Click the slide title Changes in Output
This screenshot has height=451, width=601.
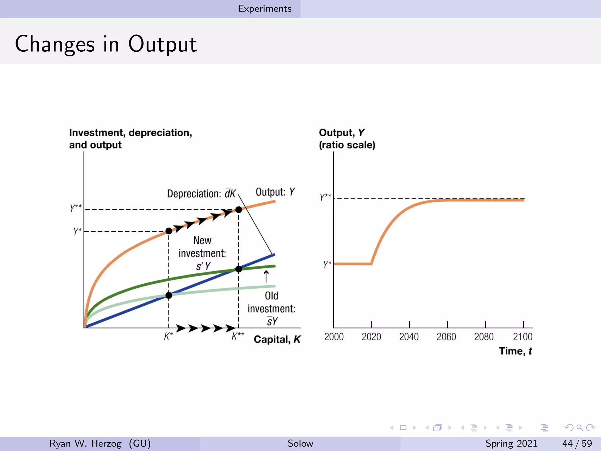(106, 44)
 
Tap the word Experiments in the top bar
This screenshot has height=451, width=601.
(265, 9)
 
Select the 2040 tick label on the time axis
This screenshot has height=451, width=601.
(409, 336)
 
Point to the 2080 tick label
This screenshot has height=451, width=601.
(484, 336)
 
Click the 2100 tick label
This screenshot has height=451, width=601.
(522, 336)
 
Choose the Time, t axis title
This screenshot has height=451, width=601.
(515, 351)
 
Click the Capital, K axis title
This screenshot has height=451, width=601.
(277, 339)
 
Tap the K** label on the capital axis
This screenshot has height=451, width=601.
(238, 336)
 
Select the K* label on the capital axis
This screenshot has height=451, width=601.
(168, 336)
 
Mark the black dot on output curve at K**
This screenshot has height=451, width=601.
(239, 210)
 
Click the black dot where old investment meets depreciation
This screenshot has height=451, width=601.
(169, 295)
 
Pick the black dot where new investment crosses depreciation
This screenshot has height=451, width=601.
(239, 269)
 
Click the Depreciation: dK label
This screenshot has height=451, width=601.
(201, 193)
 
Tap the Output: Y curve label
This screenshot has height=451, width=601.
(275, 192)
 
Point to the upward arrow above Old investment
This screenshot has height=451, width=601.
(266, 276)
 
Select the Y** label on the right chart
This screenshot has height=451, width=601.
(325, 197)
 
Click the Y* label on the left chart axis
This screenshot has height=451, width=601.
(77, 231)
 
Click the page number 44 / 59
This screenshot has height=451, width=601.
(577, 443)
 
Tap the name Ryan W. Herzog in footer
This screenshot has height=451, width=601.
(85, 443)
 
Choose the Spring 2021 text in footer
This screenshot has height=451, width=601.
(511, 443)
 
